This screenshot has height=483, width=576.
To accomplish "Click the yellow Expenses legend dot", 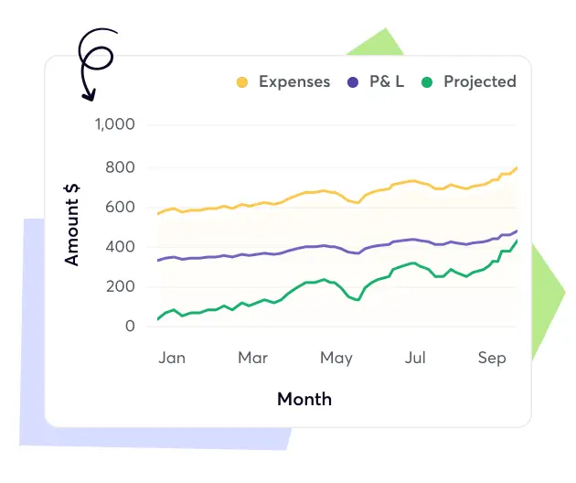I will pyautogui.click(x=242, y=82).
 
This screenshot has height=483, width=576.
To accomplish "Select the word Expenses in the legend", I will pyautogui.click(x=294, y=81).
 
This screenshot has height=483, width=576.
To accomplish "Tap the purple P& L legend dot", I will pyautogui.click(x=353, y=82).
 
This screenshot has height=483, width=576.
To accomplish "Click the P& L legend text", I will pyautogui.click(x=386, y=81).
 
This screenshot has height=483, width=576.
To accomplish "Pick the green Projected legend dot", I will pyautogui.click(x=426, y=82).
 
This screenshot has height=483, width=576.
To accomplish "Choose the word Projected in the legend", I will pyautogui.click(x=480, y=81).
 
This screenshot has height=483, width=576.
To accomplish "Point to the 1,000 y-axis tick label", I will pyautogui.click(x=115, y=125).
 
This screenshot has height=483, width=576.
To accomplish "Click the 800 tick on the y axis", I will pyautogui.click(x=120, y=167).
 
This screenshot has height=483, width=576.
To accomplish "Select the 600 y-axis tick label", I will pyautogui.click(x=120, y=208).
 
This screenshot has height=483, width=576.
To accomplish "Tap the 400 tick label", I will pyautogui.click(x=120, y=247).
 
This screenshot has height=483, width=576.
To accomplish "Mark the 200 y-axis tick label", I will pyautogui.click(x=120, y=287).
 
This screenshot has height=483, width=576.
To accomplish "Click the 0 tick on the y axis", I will pyautogui.click(x=130, y=327).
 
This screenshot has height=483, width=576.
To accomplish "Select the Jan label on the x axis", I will pyautogui.click(x=172, y=358).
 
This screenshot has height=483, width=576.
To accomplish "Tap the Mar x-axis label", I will pyautogui.click(x=253, y=358).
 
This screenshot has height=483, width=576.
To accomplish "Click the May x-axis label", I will pyautogui.click(x=336, y=358).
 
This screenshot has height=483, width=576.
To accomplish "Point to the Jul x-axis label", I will pyautogui.click(x=415, y=358).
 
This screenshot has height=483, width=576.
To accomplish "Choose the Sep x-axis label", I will pyautogui.click(x=492, y=358).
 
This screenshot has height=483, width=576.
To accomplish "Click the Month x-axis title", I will pyautogui.click(x=304, y=399).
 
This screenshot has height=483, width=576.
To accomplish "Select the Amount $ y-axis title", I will pyautogui.click(x=72, y=223).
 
